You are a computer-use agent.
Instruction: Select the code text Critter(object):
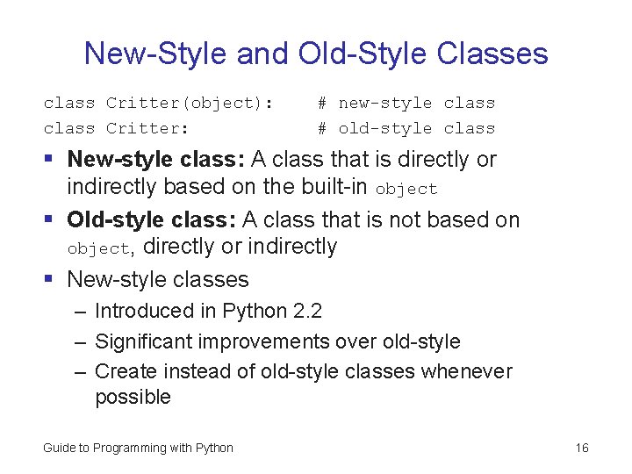pos(190,104)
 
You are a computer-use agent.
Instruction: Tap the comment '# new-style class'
pos(406,104)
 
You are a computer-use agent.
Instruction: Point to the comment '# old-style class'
pos(406,128)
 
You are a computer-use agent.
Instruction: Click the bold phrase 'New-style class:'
pos(155,160)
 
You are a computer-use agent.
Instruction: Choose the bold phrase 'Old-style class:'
pos(152,219)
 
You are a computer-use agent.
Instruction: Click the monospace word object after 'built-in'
pos(406,189)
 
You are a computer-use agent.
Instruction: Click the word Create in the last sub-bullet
pos(123,371)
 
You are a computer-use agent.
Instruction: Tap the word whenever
pos(467,371)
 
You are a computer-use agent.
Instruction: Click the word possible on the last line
pos(133,398)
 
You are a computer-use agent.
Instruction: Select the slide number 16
pos(582,449)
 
